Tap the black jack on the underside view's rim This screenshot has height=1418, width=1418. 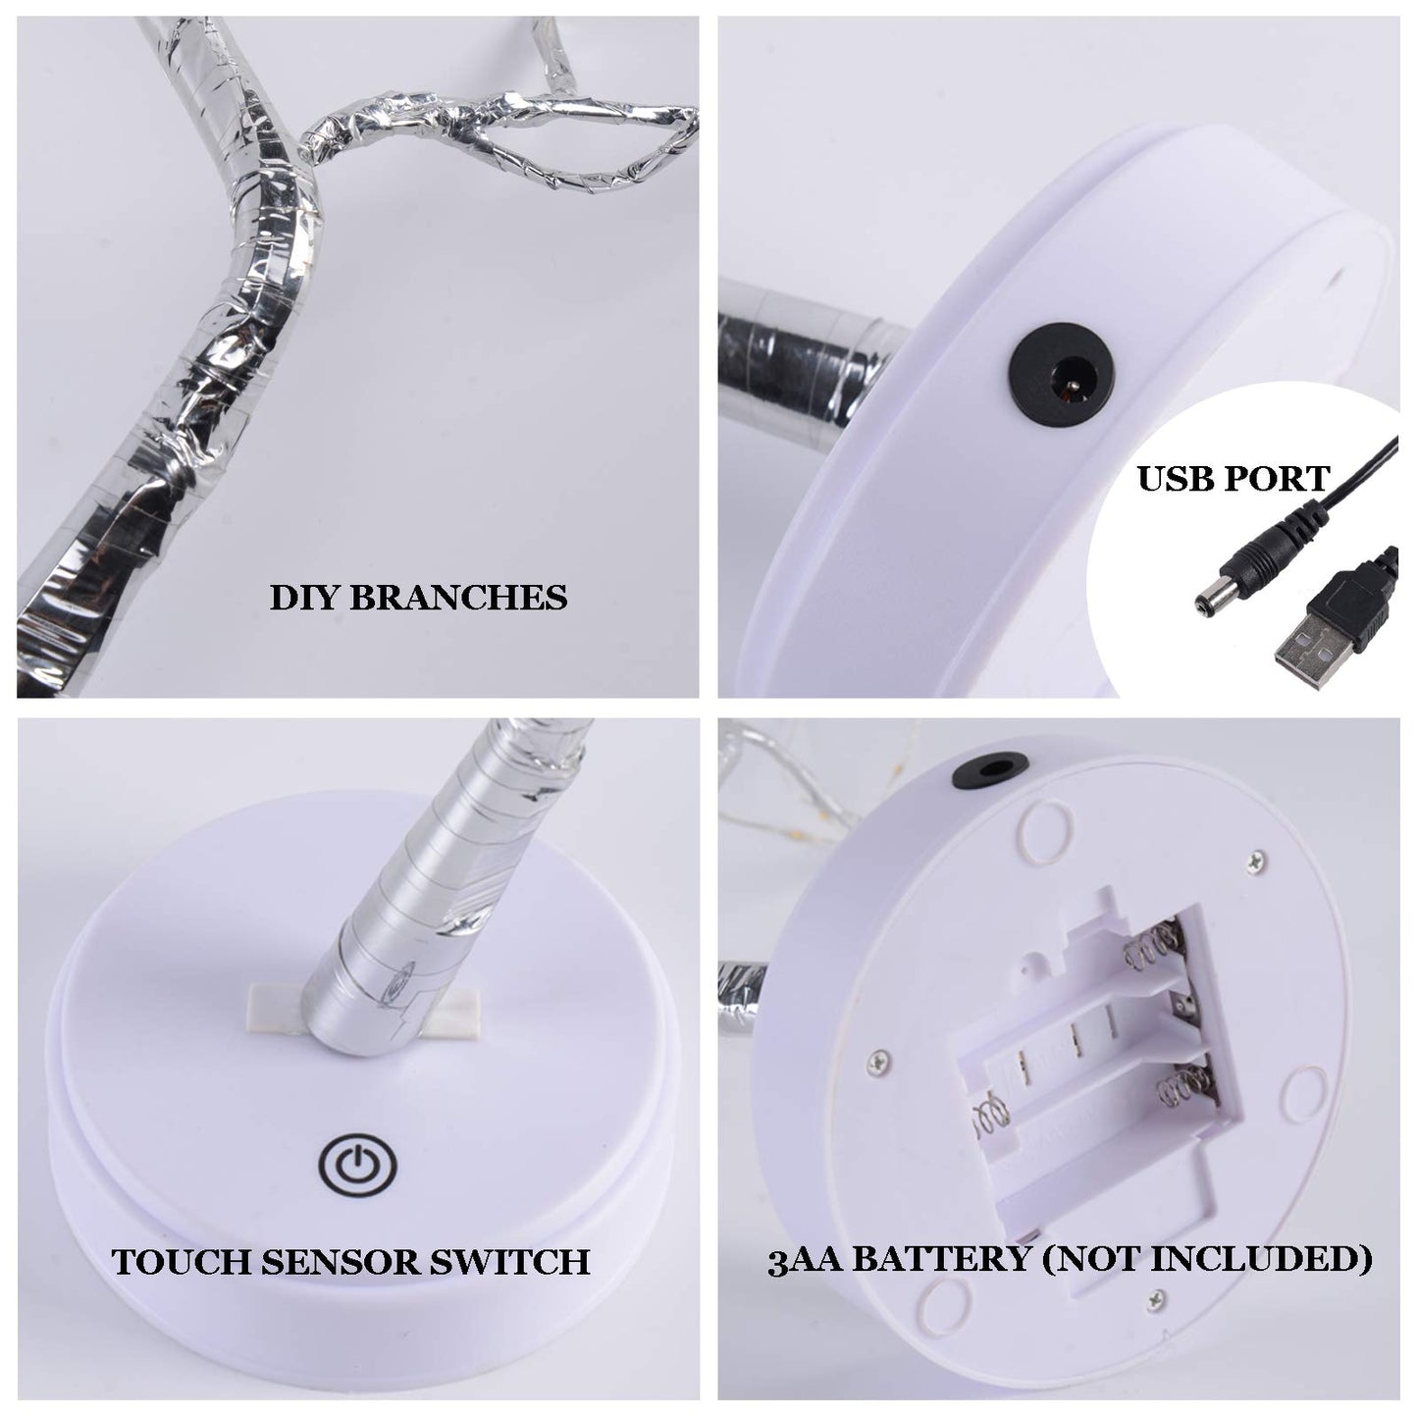[987, 767]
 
